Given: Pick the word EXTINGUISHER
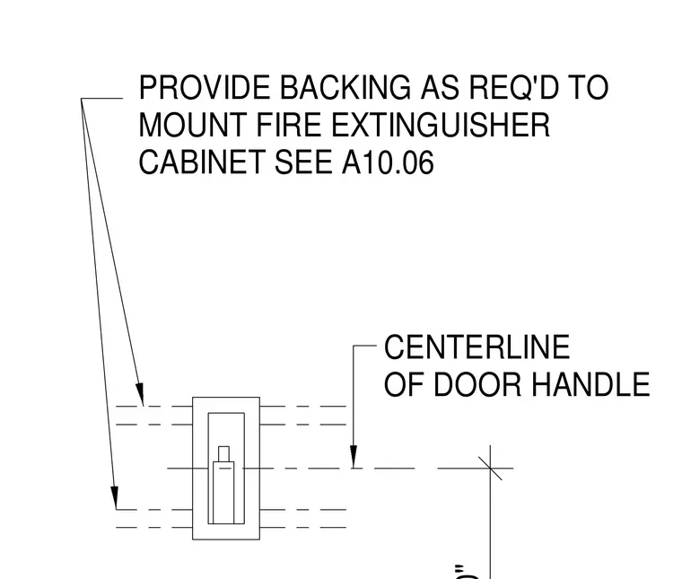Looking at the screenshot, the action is tap(441, 125).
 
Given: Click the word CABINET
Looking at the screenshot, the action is tap(201, 162).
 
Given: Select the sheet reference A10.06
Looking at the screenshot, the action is tap(388, 162).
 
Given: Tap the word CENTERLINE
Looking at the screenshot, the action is tap(477, 347).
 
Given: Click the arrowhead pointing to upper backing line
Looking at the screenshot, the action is tap(140, 394).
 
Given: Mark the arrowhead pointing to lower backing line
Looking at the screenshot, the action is tap(114, 497).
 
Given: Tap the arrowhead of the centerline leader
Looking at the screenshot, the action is tap(354, 457).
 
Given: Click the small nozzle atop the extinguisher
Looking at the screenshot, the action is tap(223, 453).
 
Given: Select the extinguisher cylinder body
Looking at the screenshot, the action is tap(223, 493).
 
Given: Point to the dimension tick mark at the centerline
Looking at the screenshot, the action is tap(490, 468).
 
